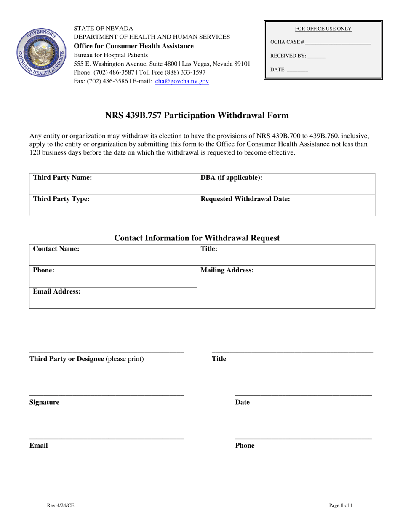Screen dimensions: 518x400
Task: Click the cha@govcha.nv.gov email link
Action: click(182, 82)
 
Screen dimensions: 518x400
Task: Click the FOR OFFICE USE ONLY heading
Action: click(323, 29)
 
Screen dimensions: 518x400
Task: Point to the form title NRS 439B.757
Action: click(197, 115)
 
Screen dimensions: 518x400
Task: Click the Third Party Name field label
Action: click(62, 178)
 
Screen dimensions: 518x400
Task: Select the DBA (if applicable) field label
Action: click(231, 178)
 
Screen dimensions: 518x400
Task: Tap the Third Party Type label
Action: click(61, 199)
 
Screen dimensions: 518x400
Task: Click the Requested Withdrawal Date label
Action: click(245, 199)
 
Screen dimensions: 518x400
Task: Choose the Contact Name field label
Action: click(56, 249)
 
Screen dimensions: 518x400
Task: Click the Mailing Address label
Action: click(227, 270)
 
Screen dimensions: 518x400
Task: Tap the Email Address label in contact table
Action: click(57, 291)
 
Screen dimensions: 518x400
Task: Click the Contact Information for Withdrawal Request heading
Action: click(197, 238)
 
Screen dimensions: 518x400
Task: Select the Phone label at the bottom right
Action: click(245, 446)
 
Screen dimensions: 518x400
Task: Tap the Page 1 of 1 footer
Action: click(341, 505)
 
